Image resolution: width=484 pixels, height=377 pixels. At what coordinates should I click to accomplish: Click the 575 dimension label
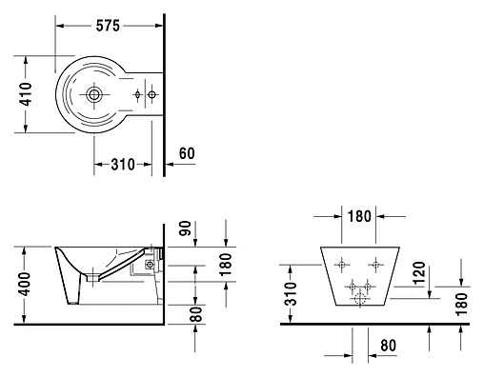(x=108, y=26)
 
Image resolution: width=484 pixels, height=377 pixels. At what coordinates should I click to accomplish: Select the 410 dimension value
(x=26, y=94)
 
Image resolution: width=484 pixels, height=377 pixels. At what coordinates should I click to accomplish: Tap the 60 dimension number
(x=187, y=153)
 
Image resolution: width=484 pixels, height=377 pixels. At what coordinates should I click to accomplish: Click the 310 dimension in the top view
(x=123, y=165)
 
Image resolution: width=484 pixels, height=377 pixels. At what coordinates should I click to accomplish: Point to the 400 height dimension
(x=25, y=284)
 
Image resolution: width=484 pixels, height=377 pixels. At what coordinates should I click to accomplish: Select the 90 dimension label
(x=186, y=228)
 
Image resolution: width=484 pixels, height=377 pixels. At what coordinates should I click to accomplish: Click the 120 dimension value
(x=418, y=273)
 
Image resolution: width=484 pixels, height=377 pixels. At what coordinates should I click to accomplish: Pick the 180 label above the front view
(x=359, y=216)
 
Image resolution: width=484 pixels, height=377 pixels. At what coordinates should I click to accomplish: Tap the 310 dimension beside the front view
(x=291, y=293)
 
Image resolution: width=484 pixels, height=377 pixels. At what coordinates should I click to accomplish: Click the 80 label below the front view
(x=388, y=346)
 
